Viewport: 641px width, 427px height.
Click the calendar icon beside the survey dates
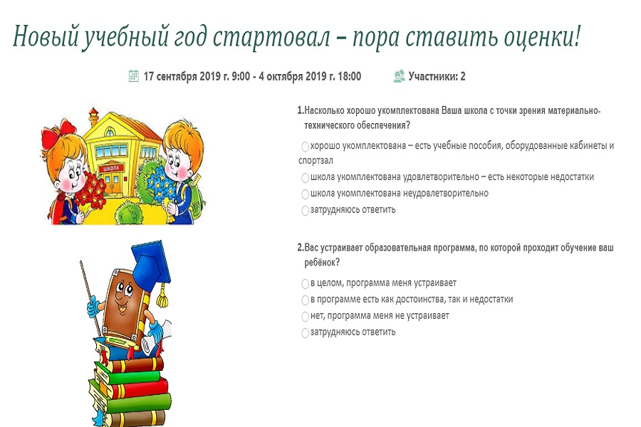[x=134, y=76]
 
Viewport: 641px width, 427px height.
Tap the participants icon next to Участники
[x=399, y=76]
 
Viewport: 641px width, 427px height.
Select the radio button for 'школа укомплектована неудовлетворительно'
[x=305, y=194]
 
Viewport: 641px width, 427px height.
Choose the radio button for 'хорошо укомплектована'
[x=305, y=147]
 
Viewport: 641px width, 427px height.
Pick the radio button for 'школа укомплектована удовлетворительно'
[x=305, y=178]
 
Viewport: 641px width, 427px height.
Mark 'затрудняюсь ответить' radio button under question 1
[x=305, y=211]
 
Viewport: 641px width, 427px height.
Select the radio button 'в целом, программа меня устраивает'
[x=305, y=283]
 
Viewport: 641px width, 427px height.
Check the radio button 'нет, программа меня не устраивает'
[x=305, y=316]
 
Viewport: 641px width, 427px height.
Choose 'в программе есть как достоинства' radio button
[x=305, y=300]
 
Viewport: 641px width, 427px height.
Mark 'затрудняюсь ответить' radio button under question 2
[x=305, y=332]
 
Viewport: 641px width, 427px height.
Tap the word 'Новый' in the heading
[x=45, y=37]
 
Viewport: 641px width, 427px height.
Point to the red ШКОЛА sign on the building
[x=111, y=169]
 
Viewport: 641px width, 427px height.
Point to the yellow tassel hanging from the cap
[x=162, y=295]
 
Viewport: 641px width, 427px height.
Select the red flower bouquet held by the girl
[x=91, y=190]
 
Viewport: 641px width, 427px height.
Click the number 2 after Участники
[x=463, y=76]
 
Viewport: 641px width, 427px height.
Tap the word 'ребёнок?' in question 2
[x=322, y=263]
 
